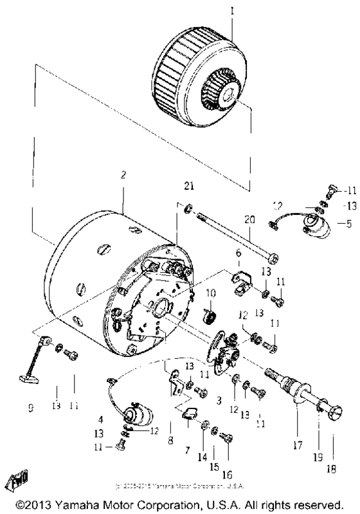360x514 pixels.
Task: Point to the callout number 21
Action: point(188,187)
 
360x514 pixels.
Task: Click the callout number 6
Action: point(238,255)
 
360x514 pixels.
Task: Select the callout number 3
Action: point(220,399)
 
